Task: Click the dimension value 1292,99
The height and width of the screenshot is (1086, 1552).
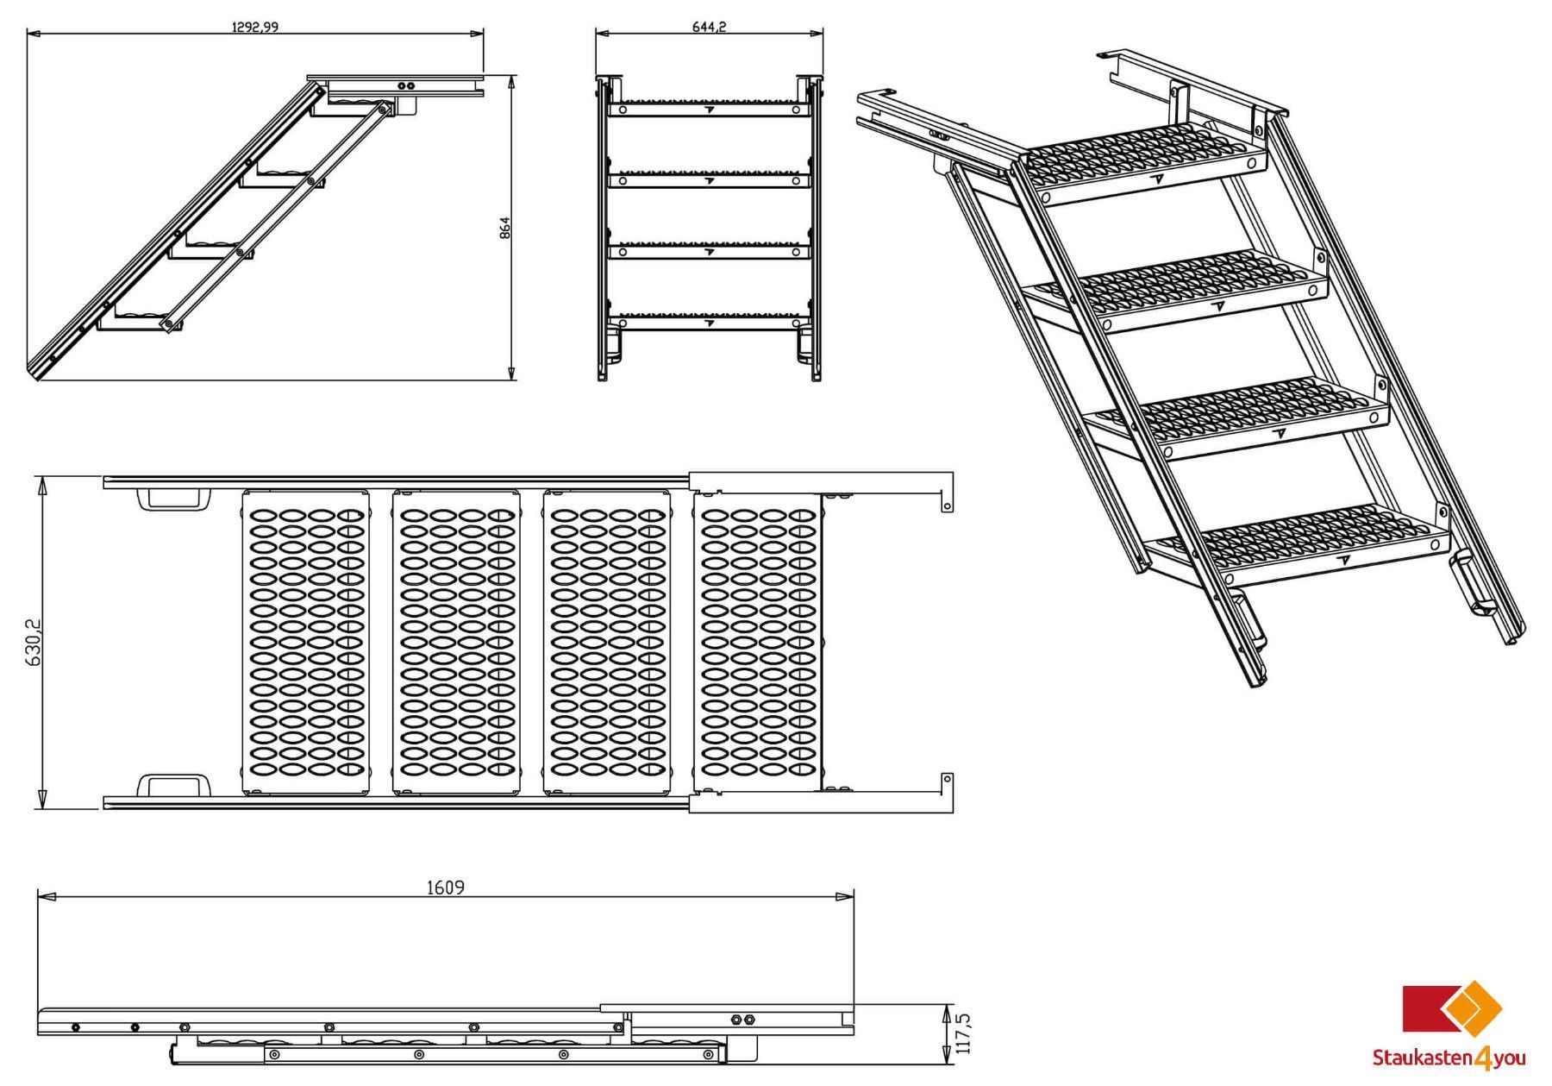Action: click(x=254, y=27)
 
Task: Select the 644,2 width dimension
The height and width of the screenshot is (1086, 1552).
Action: click(x=709, y=27)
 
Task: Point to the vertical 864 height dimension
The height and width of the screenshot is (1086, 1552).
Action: click(x=505, y=228)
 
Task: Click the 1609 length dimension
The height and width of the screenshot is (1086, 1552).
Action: click(x=445, y=888)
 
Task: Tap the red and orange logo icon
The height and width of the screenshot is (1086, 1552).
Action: click(x=1452, y=1007)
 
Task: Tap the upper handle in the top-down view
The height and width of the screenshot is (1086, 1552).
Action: click(x=169, y=499)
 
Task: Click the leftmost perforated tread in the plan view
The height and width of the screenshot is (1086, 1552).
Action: click(x=306, y=642)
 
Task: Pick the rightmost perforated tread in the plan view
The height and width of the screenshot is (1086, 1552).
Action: click(x=759, y=642)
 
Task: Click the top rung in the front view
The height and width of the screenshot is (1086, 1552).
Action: click(x=709, y=109)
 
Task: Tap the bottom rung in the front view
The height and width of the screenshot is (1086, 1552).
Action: click(x=709, y=322)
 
